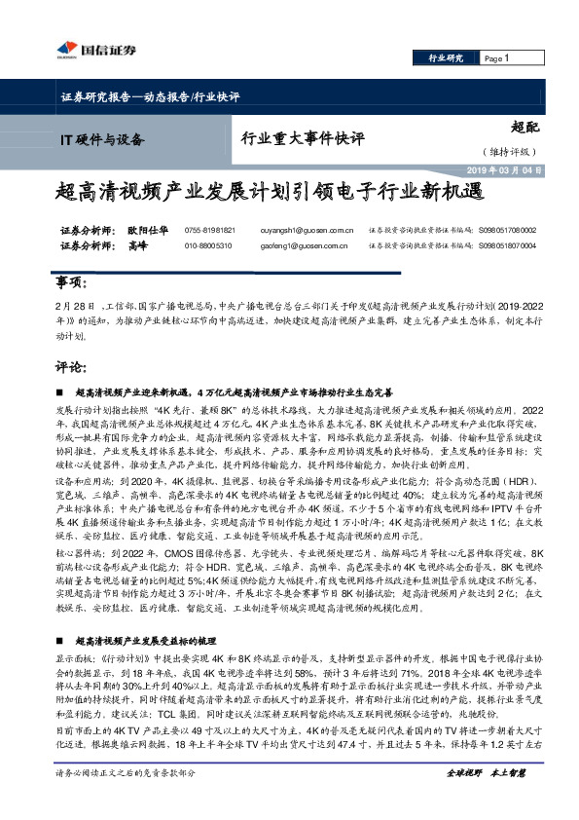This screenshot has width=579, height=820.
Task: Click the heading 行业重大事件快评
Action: tap(298, 137)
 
